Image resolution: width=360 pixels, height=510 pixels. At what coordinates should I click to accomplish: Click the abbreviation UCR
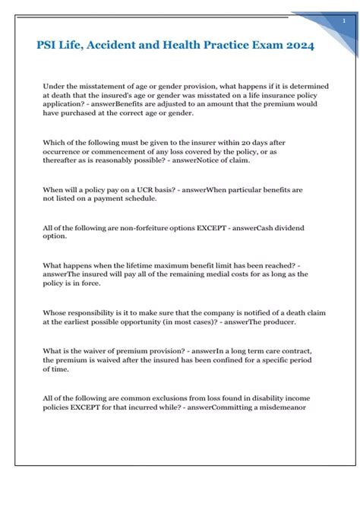click(134, 188)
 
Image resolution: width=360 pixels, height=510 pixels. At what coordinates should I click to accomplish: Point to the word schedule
click(136, 198)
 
